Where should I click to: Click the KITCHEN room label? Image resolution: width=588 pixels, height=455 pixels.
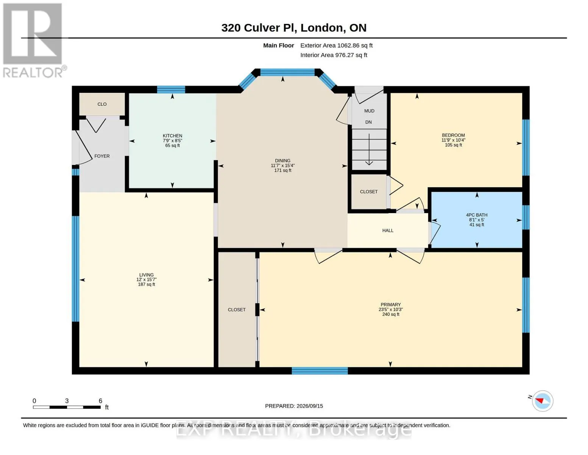pos(172,135)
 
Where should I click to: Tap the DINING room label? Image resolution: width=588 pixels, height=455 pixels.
pos(282,160)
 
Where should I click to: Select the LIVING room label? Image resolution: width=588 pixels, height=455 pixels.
pos(147,275)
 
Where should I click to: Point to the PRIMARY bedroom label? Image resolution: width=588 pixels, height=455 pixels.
pos(390,304)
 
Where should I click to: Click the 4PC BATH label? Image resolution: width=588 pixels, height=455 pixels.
pos(477,215)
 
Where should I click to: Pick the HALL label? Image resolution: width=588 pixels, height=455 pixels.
pos(388,231)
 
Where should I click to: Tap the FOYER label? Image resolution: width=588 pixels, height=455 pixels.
pos(102,156)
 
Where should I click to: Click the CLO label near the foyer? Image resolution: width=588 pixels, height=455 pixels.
pos(102,104)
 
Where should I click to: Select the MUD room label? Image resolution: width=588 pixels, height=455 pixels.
pos(369,111)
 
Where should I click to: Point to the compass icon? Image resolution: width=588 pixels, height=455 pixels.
pos(543,401)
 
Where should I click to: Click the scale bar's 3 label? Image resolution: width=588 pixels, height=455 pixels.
pos(67,401)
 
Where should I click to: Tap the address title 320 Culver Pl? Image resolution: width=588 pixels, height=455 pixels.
pos(259,28)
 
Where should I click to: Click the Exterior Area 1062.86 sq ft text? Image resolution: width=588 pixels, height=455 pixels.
pos(336,45)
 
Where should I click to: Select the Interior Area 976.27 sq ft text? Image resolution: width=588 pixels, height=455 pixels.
pos(334,55)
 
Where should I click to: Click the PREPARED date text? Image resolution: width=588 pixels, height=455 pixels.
pos(294,406)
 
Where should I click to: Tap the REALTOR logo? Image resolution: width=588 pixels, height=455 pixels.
pos(34,41)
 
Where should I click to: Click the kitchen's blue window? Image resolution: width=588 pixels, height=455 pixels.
pos(171,89)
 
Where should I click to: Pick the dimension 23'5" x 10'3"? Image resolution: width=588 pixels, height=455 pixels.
pos(390,309)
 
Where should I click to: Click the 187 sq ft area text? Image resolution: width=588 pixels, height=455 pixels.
pos(147,284)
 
